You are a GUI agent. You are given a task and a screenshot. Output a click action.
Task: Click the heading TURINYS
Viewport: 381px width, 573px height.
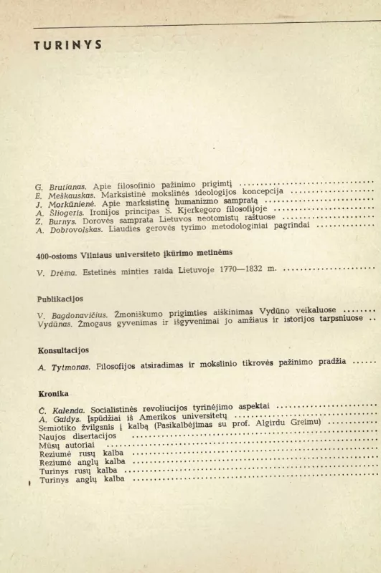[68, 44]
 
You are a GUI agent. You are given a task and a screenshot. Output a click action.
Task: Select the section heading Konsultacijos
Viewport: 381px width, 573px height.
[63, 350]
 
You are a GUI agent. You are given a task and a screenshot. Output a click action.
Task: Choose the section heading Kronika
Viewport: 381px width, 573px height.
[53, 393]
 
